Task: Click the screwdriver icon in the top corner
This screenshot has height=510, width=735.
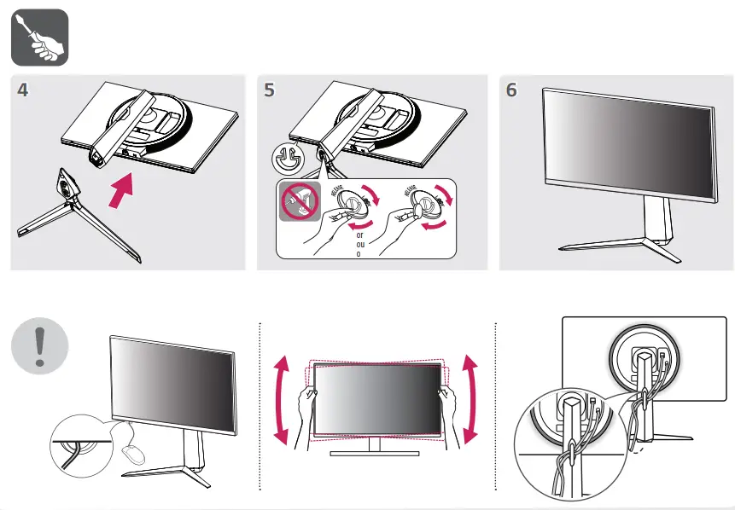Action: click(x=39, y=38)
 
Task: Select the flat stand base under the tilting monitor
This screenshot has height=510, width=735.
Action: click(x=376, y=453)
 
